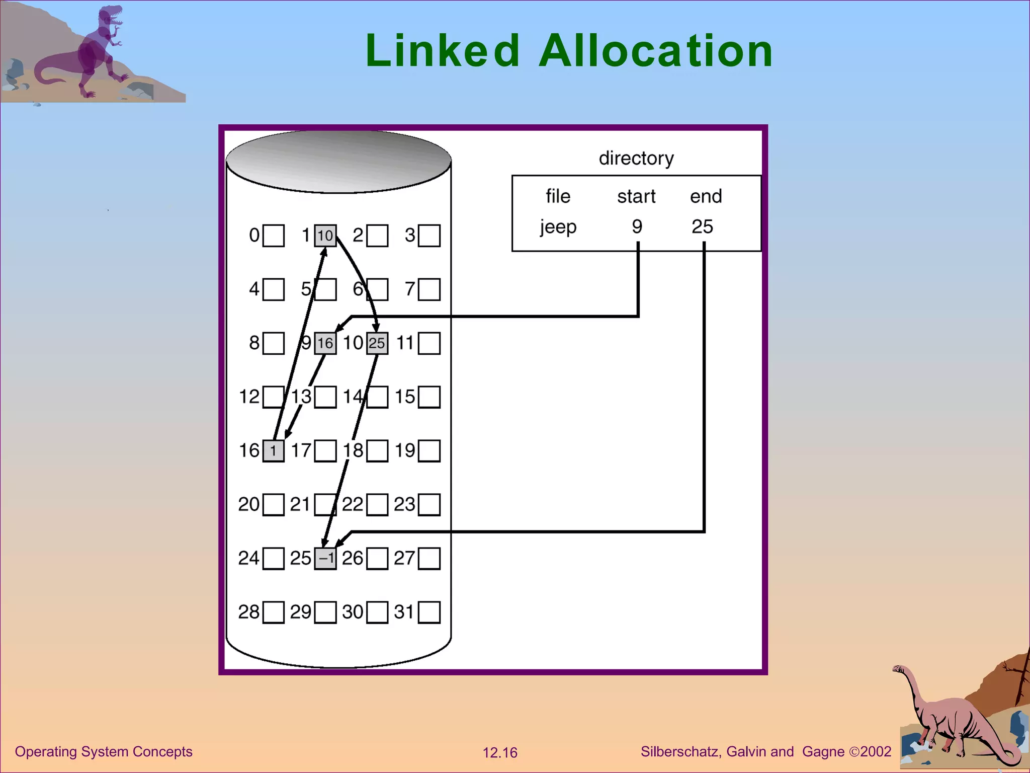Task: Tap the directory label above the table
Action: pos(636,158)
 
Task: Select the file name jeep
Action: pos(558,227)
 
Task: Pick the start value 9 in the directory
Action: pos(637,227)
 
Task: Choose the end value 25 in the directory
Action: pos(702,227)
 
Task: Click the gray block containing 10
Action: pos(325,236)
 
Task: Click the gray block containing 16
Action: pos(325,343)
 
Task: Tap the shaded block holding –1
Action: pos(325,559)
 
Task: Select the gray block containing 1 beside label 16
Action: pos(274,450)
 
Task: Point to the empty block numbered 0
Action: pos(274,236)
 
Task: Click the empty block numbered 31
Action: pos(429,612)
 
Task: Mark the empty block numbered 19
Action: pos(429,450)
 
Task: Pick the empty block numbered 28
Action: pos(274,612)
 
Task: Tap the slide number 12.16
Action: pos(500,753)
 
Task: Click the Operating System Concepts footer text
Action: pos(104,752)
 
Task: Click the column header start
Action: pos(636,197)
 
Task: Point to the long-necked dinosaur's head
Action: pos(898,669)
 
